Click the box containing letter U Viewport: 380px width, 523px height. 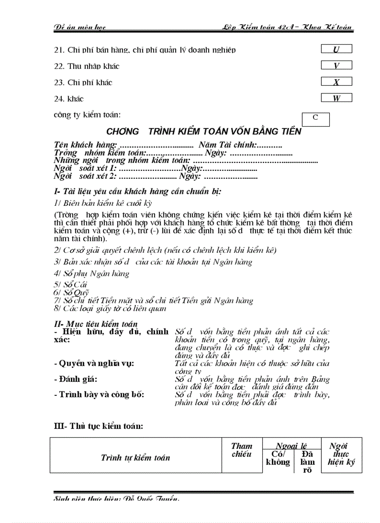coord(336,49)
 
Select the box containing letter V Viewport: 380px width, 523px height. coord(336,66)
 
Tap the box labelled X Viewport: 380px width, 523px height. coord(336,82)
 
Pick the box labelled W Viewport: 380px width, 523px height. coord(336,98)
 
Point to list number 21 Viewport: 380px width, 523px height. coord(59,50)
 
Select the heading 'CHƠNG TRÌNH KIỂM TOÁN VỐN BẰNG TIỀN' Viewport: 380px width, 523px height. coord(204,131)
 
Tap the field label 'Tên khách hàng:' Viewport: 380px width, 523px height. coord(85,145)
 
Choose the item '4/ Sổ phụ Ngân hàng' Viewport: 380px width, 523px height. coord(92,273)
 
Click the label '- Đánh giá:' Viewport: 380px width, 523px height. coord(76,379)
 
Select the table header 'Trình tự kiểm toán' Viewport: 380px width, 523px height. coord(136,457)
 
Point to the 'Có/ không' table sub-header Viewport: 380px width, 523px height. coord(278,458)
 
